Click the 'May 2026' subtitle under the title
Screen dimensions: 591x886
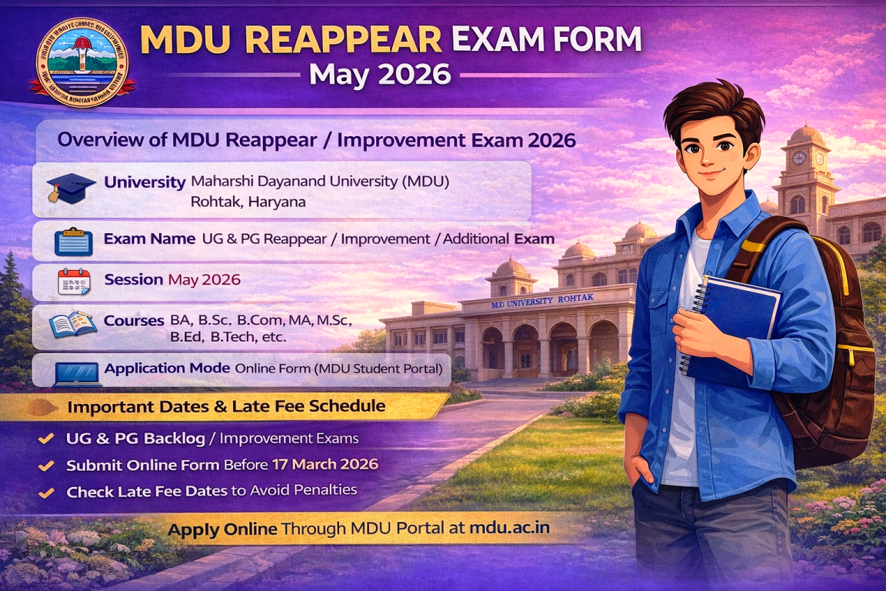pyautogui.click(x=379, y=75)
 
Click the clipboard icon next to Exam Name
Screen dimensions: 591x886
pyautogui.click(x=74, y=242)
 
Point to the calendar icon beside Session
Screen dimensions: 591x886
pyautogui.click(x=75, y=282)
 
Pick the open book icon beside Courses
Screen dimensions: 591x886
pyautogui.click(x=73, y=325)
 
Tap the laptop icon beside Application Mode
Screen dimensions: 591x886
pyautogui.click(x=78, y=372)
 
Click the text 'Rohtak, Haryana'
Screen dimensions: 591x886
pyautogui.click(x=248, y=202)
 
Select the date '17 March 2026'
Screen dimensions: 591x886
pyautogui.click(x=325, y=465)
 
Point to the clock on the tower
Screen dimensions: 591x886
pyautogui.click(x=799, y=158)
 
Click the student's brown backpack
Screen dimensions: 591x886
pyautogui.click(x=827, y=346)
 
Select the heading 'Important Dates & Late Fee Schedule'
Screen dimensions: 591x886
pyautogui.click(x=226, y=406)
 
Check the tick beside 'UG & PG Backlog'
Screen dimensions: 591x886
pyautogui.click(x=46, y=439)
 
